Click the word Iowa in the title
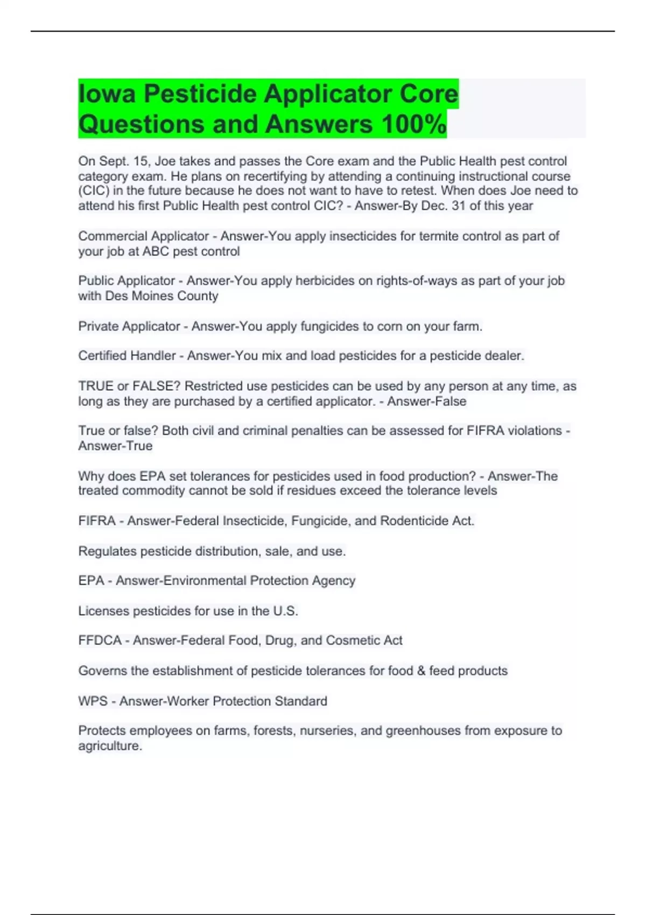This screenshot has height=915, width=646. pos(106,94)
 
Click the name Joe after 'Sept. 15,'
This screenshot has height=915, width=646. pos(165,161)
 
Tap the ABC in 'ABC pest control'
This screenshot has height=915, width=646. pos(155,251)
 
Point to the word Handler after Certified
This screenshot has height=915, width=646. pos(152,356)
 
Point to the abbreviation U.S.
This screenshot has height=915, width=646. pos(285,611)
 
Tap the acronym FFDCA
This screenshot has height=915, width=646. pos(100,640)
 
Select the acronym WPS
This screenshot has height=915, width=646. pos(93,701)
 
